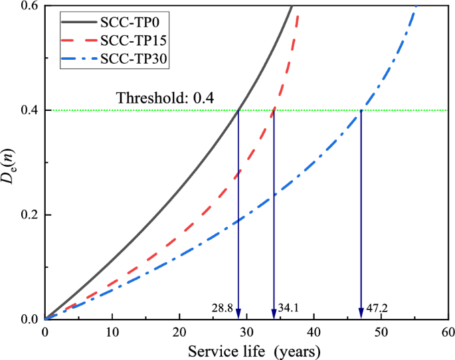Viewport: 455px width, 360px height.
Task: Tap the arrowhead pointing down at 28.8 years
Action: pyautogui.click(x=238, y=314)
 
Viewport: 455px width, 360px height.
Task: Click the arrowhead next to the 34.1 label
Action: pyautogui.click(x=274, y=314)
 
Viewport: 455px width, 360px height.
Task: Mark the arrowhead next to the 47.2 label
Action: pyautogui.click(x=361, y=314)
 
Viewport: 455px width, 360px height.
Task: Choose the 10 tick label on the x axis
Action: pyautogui.click(x=112, y=332)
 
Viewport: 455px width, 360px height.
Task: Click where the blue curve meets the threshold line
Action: pyautogui.click(x=361, y=110)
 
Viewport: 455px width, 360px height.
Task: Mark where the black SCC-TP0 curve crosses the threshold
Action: pyautogui.click(x=238, y=110)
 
